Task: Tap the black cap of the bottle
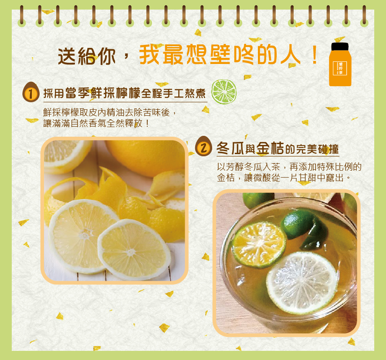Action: (340, 46)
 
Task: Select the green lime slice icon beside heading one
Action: (223, 91)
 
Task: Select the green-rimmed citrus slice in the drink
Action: (259, 244)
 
